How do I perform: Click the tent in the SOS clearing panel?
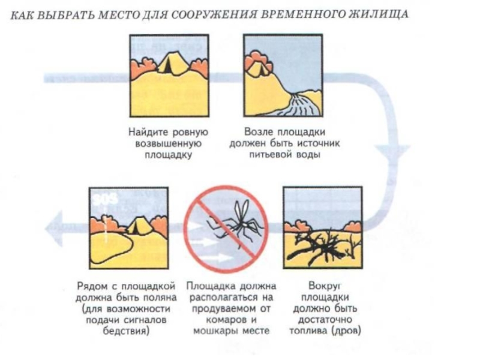140,226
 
